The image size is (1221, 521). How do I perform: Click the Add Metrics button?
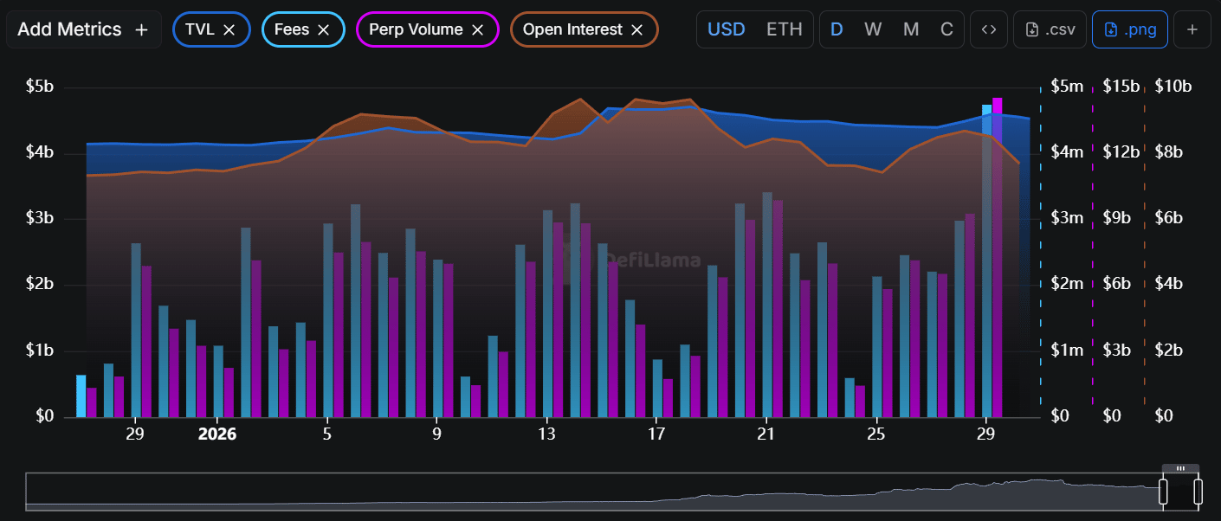tap(83, 29)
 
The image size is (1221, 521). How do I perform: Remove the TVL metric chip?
tap(229, 29)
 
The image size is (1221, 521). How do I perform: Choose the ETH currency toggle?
tap(785, 29)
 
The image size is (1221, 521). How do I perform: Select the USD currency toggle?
tap(727, 29)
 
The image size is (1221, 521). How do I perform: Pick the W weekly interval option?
tap(873, 29)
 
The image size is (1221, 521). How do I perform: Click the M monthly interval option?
tap(911, 29)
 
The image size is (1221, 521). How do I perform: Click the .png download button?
tap(1130, 29)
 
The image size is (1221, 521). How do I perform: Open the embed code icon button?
tap(989, 29)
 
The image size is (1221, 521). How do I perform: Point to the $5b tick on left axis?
tap(40, 87)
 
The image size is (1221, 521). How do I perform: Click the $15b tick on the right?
tap(1122, 87)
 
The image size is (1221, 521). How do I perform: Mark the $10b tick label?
tap(1173, 87)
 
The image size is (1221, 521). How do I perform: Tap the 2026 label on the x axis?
tap(217, 434)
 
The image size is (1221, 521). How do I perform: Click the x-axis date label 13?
tap(546, 434)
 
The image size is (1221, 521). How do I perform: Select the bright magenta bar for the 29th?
tap(998, 257)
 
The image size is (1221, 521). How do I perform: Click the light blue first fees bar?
tap(81, 396)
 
